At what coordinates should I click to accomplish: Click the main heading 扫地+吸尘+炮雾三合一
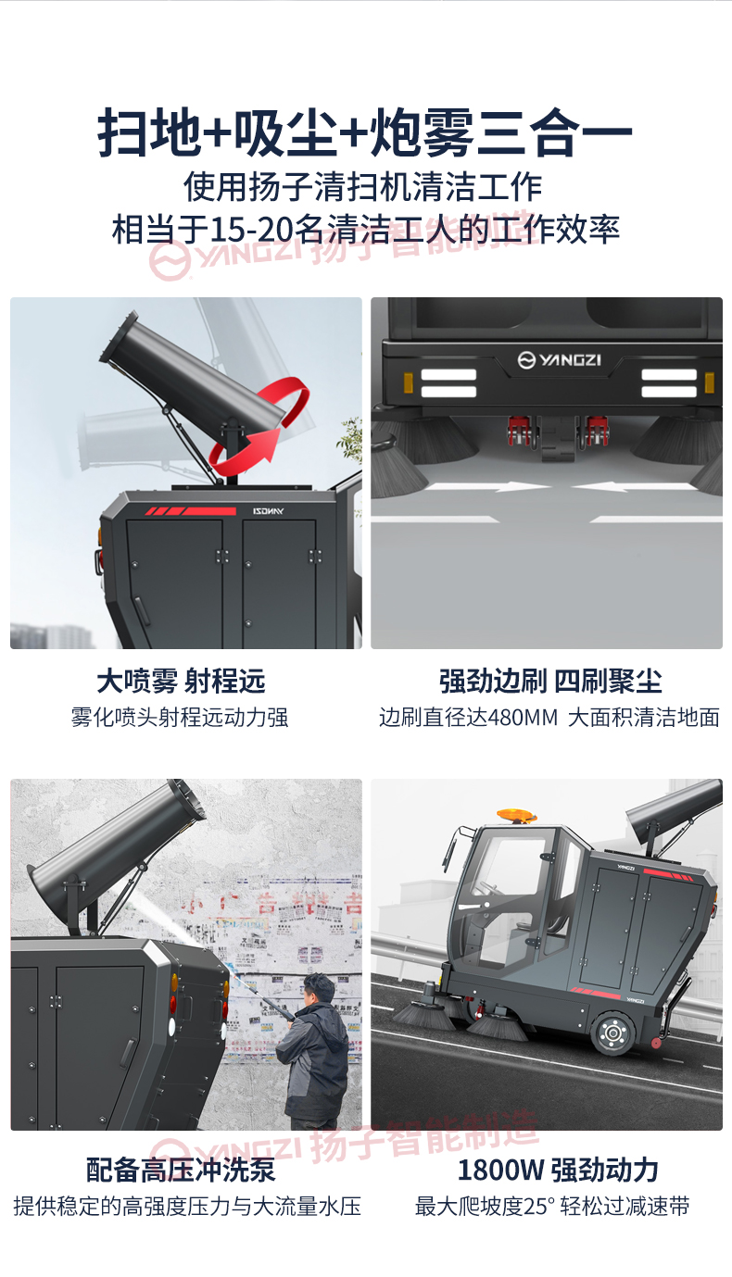pos(365,132)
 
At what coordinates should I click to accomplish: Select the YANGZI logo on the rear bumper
pos(559,358)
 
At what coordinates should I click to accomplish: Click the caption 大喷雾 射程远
pos(181,682)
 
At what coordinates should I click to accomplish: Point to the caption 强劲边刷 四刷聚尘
pos(550,682)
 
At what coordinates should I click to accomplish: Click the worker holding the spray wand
pos(316,1051)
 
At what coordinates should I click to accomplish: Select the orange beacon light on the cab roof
pos(516,816)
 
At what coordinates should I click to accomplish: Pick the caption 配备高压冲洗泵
pos(181,1170)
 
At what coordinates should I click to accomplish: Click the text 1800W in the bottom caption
pos(500,1170)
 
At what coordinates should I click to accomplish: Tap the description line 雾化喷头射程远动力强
pos(181,717)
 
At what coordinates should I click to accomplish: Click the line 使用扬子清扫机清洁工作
pos(362,187)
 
